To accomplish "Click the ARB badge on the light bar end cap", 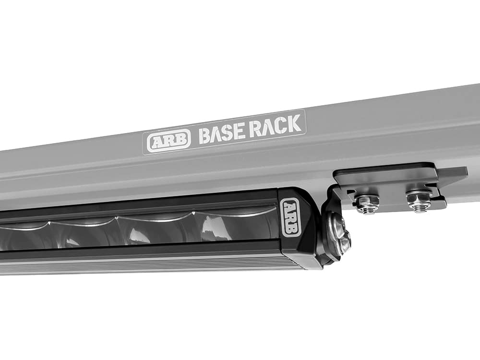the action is click(290, 218).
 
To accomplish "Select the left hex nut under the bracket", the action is click(365, 204).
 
